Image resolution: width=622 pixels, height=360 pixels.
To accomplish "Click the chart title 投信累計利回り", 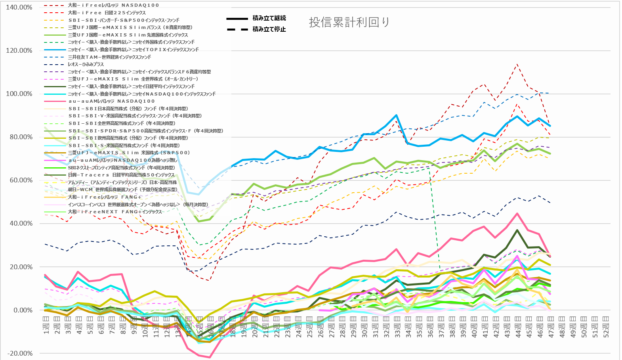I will click(x=349, y=22).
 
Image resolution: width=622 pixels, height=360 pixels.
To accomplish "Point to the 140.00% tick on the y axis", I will click(x=19, y=8).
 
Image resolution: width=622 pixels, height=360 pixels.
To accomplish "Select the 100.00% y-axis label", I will click(x=19, y=94).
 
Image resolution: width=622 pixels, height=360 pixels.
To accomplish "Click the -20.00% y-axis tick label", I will click(x=19, y=354).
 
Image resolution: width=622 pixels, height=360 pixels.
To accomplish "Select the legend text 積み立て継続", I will click(x=269, y=18).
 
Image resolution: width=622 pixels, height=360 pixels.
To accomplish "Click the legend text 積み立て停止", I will click(x=269, y=29).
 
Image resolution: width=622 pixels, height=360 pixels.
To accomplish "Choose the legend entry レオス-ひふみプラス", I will click(x=86, y=64).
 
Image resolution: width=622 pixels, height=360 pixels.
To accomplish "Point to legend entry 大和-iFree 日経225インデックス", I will click(x=107, y=13).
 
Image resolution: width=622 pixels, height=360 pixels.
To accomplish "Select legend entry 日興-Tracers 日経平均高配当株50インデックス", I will click(x=121, y=175).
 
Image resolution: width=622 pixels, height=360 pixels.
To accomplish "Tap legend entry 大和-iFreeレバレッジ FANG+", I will click(x=104, y=197).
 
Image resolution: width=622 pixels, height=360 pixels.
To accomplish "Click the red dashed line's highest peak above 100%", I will click(x=517, y=64).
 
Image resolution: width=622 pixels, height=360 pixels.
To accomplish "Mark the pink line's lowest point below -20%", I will click(x=209, y=357).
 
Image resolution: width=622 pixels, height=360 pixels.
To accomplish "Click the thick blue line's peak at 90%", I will click(x=396, y=115).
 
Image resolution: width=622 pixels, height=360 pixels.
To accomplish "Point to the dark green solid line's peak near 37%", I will click(x=517, y=230).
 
